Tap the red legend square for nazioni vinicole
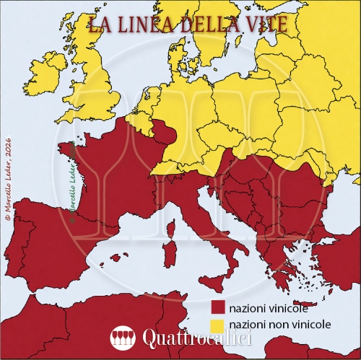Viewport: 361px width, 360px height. coord(217,309)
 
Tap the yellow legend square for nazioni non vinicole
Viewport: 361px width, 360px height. coord(217,325)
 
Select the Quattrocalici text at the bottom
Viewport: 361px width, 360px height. coord(195,338)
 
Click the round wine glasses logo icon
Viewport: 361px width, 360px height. coord(123,338)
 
